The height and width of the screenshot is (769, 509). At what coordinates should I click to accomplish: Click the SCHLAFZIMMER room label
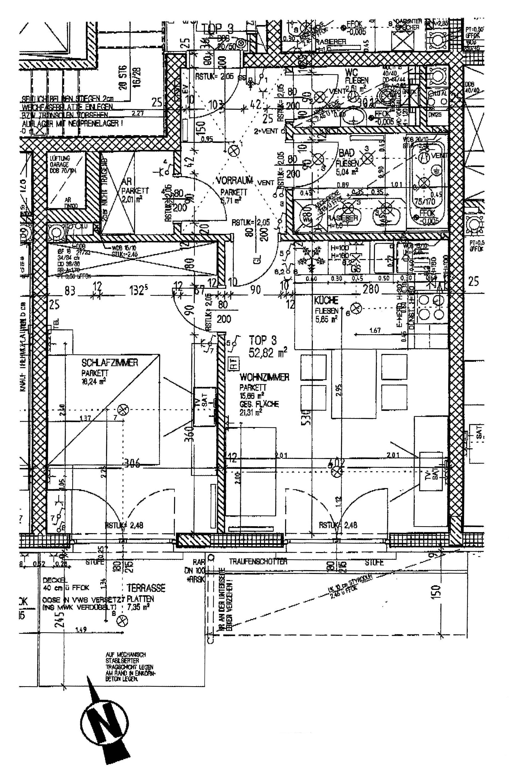tap(110, 363)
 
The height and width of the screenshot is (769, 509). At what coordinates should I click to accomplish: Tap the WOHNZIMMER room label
tap(264, 377)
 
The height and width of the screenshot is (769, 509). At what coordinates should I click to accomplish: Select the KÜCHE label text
tap(326, 300)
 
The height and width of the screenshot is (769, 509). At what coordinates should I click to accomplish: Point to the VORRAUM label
tap(235, 181)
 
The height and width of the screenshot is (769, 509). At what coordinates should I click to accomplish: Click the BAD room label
tap(346, 153)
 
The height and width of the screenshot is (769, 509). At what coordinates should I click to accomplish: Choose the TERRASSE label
tap(146, 588)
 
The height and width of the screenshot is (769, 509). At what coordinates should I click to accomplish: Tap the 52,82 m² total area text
tap(268, 352)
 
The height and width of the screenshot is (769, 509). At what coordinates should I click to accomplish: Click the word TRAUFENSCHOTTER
tap(258, 561)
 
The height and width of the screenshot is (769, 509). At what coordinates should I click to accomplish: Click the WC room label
tap(352, 72)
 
